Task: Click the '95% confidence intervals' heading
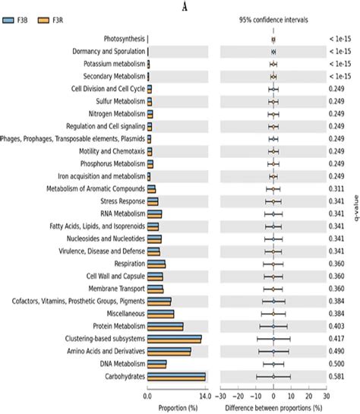point(273,20)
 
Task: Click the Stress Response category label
point(122,201)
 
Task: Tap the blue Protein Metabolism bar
point(165,324)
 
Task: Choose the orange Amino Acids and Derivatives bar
point(169,352)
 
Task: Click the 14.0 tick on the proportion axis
point(205,395)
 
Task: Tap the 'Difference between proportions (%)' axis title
point(273,406)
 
